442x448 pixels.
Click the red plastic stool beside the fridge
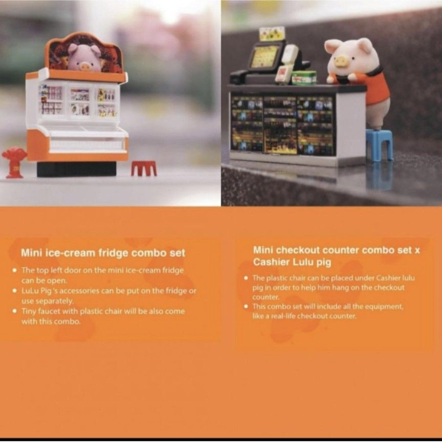click(144, 169)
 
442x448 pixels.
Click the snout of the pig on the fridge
click(85, 66)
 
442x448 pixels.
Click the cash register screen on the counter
click(263, 56)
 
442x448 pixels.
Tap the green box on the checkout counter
click(304, 78)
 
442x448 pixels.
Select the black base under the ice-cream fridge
click(77, 169)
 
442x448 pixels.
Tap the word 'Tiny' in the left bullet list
click(28, 312)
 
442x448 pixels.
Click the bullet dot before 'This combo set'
click(246, 306)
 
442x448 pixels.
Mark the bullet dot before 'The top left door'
click(15, 270)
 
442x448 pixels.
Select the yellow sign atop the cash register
click(272, 34)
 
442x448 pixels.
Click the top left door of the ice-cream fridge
click(51, 100)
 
